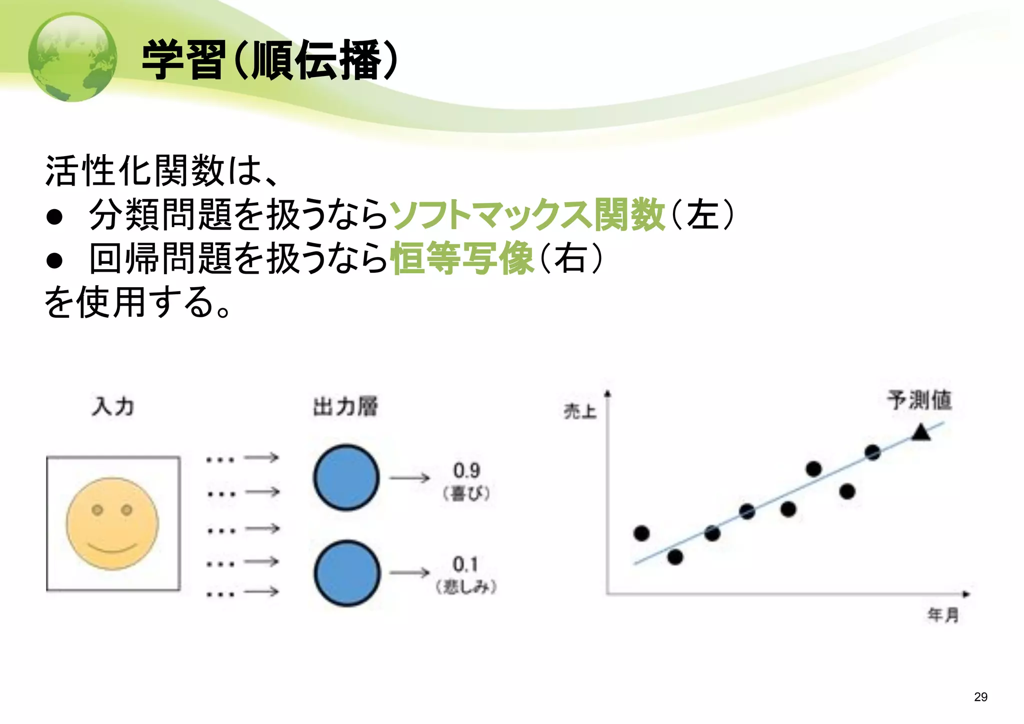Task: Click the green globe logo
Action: pyautogui.click(x=72, y=58)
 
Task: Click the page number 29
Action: pyautogui.click(x=980, y=697)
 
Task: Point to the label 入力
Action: pyautogui.click(x=113, y=406)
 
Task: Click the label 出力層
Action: pyautogui.click(x=345, y=406)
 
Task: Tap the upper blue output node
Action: pyautogui.click(x=346, y=477)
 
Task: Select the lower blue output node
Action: pyautogui.click(x=347, y=573)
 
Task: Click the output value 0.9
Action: pyautogui.click(x=466, y=470)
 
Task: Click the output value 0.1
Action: pyautogui.click(x=465, y=564)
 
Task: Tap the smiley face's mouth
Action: pyautogui.click(x=112, y=547)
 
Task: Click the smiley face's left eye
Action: pyautogui.click(x=97, y=510)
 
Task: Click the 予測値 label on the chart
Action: pyautogui.click(x=919, y=400)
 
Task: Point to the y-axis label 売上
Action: pyautogui.click(x=580, y=411)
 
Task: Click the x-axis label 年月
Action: pyautogui.click(x=943, y=614)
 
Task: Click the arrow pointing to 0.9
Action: pyautogui.click(x=409, y=478)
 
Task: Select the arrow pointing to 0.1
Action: pyautogui.click(x=409, y=572)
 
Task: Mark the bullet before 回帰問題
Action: pyautogui.click(x=54, y=260)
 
